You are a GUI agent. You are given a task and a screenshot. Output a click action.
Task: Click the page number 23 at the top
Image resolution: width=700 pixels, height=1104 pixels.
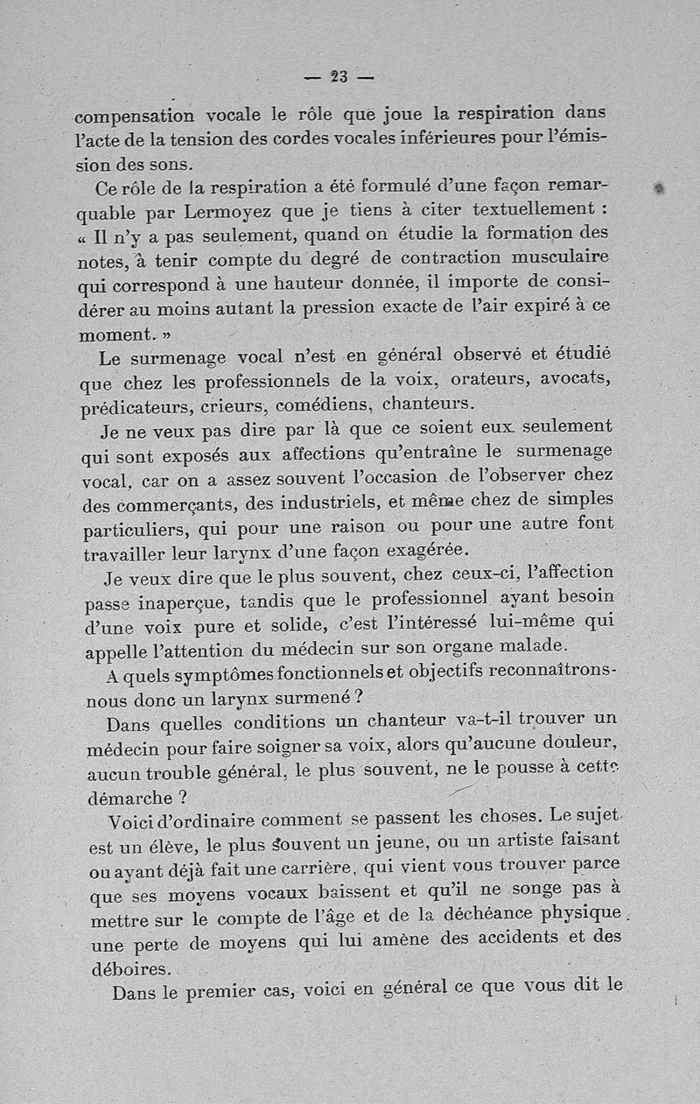click(x=339, y=77)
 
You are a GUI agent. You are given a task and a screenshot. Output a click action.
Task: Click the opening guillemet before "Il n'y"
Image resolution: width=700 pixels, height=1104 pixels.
click(x=84, y=237)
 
